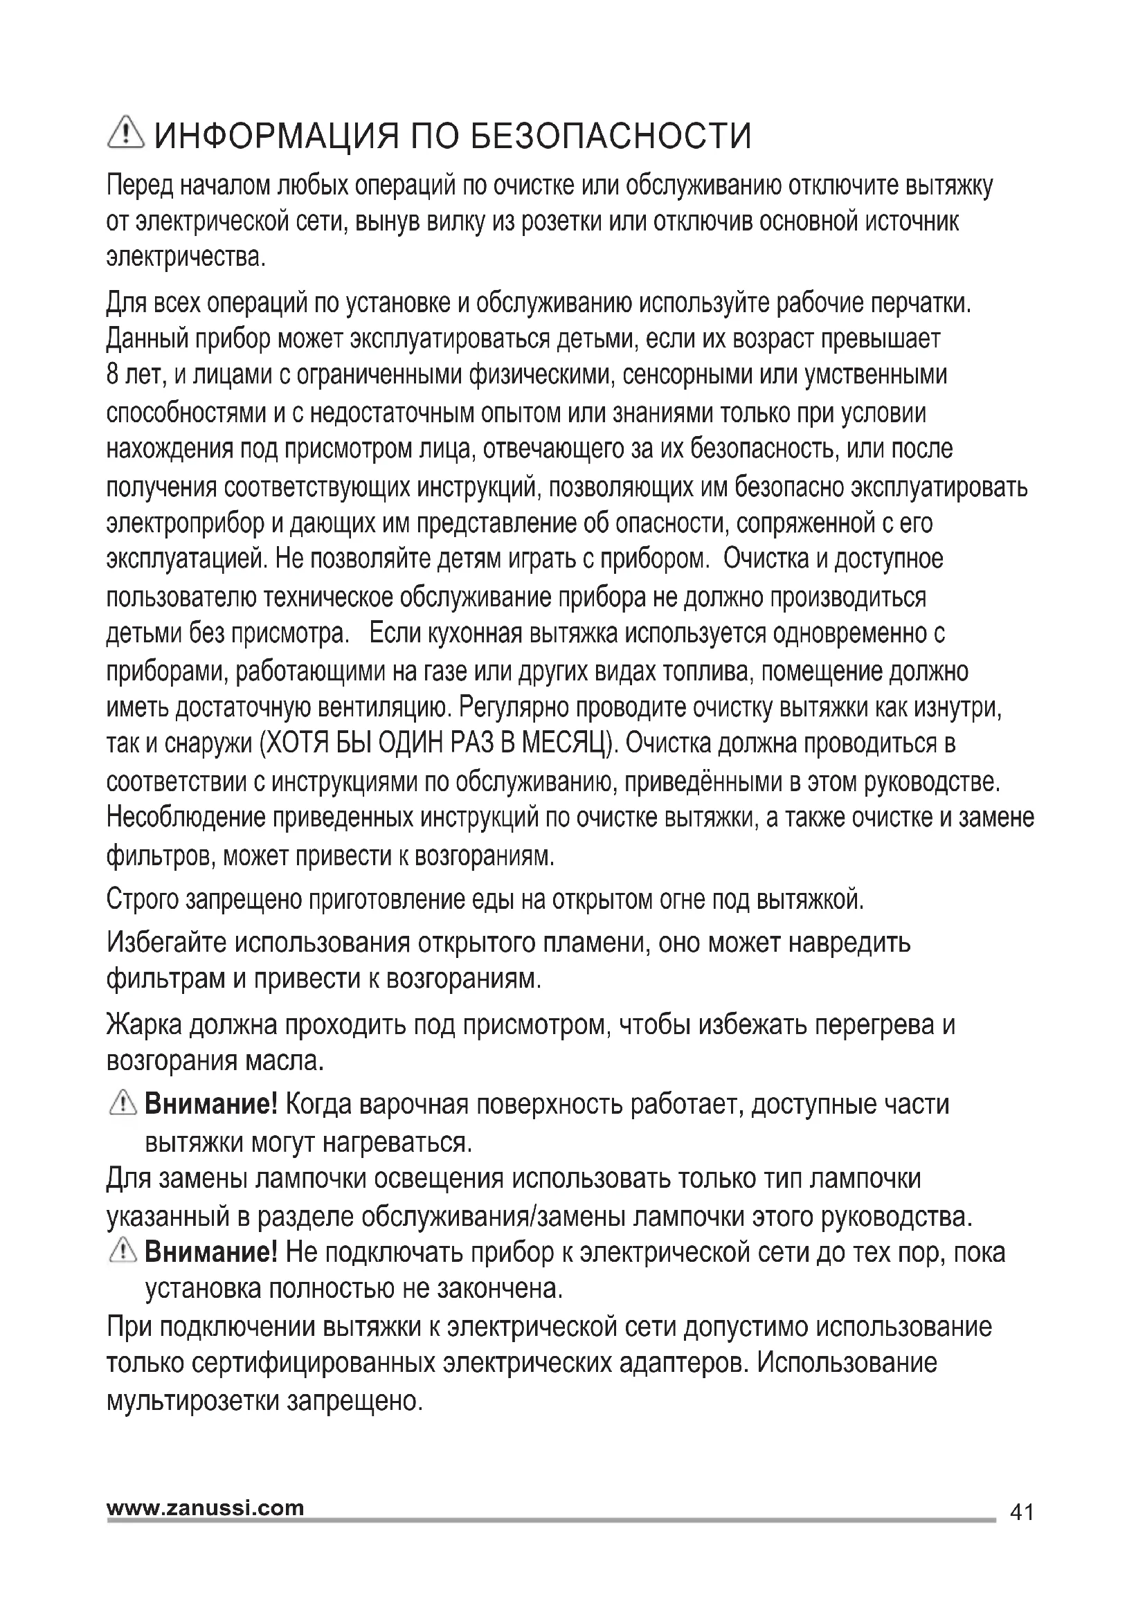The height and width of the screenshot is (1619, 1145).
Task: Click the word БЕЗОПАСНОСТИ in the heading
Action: (611, 136)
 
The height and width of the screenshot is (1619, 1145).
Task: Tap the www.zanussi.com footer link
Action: (205, 1508)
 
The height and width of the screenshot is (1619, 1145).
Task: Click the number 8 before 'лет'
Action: (112, 374)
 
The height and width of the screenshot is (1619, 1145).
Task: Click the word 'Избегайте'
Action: (165, 943)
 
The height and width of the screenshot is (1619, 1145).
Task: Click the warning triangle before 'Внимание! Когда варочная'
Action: (123, 1103)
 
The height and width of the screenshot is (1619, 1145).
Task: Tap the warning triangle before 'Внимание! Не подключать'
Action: (123, 1251)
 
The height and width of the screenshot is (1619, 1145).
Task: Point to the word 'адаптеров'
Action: (680, 1362)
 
